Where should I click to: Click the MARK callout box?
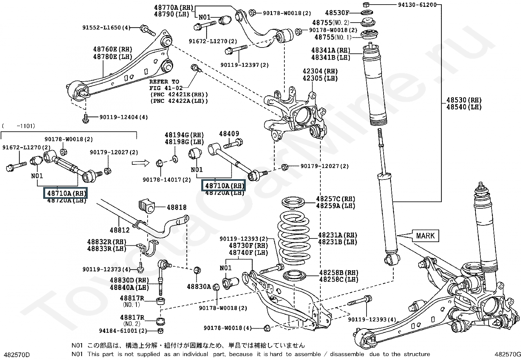(x=425, y=236)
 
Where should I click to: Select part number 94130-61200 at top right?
(x=417, y=5)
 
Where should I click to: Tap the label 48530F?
(x=337, y=13)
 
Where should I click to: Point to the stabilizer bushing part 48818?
(x=147, y=206)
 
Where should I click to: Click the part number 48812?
(x=119, y=230)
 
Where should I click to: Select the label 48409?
(x=229, y=134)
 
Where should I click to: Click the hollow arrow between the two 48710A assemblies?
(x=140, y=163)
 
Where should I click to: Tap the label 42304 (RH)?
(x=320, y=71)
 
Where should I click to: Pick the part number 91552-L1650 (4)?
(x=106, y=28)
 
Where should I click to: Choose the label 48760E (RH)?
(x=113, y=49)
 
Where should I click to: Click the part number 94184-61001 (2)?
(x=123, y=331)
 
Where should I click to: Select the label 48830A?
(x=199, y=287)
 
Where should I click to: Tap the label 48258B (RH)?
(x=339, y=273)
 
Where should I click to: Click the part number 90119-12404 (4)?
(x=124, y=117)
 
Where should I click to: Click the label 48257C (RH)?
(x=336, y=199)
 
